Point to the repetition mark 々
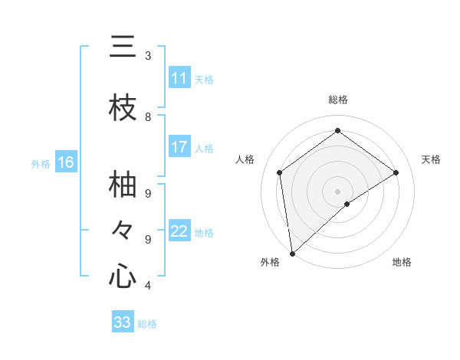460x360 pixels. pos(123,230)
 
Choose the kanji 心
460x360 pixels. pos(123,276)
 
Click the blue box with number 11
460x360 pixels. pos(179,78)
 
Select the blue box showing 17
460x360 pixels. pos(179,147)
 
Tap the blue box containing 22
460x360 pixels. pos(179,231)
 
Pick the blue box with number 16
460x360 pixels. pos(66,162)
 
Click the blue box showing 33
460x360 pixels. pos(123,322)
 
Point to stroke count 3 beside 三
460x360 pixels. pos(148,56)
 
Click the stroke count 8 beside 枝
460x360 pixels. pos(148,116)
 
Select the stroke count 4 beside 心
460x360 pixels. pos(148,286)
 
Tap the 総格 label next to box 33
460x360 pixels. pos(147,324)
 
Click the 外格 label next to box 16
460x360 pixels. pos(40,163)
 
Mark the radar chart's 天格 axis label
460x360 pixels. pos(431,159)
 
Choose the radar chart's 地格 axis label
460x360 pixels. pos(402,262)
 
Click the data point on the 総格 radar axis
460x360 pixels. pos(337,130)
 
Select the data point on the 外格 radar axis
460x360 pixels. pos(291,253)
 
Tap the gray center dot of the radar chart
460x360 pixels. pos(337,190)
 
